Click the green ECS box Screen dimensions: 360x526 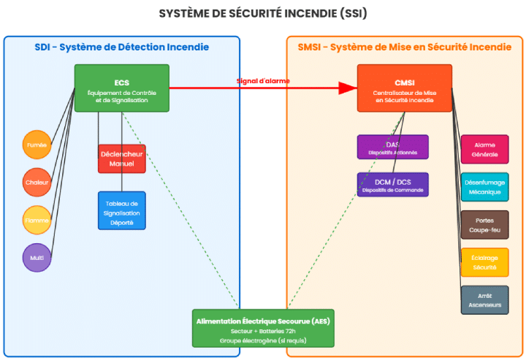[x=121, y=88]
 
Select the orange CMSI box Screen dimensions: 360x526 [x=404, y=88]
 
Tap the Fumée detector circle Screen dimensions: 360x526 [x=37, y=145]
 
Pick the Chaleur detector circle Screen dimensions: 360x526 [x=37, y=183]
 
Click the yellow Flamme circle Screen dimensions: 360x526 [x=37, y=220]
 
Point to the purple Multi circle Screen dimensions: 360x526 [x=37, y=257]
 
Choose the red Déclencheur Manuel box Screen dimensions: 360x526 [x=122, y=158]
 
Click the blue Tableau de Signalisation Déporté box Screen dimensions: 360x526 [x=122, y=210]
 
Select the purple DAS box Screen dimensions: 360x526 [x=392, y=147]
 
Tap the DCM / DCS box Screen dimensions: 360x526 [x=392, y=185]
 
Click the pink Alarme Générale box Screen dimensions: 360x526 [x=484, y=149]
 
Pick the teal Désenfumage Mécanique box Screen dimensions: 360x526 [x=484, y=187]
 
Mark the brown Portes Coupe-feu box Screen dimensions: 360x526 [x=484, y=225]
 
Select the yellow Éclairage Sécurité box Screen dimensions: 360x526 [x=484, y=262]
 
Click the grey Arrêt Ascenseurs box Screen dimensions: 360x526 [x=484, y=300]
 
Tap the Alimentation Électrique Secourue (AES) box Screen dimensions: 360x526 [x=263, y=328]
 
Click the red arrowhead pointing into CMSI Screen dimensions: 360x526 [x=348, y=88]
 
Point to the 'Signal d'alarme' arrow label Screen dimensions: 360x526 [x=263, y=80]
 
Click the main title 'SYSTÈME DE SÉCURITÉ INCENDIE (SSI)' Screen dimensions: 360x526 [x=263, y=13]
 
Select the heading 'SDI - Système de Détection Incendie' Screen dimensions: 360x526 [x=122, y=47]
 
